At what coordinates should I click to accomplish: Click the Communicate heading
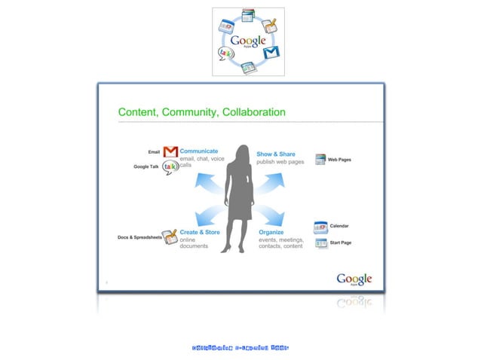[199, 151]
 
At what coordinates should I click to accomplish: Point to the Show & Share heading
[276, 154]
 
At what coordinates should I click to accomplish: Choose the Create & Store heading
[200, 233]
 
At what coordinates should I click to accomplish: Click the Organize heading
[271, 233]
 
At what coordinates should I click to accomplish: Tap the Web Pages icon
[320, 160]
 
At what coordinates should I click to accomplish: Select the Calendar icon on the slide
[321, 227]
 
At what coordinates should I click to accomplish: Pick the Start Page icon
[321, 243]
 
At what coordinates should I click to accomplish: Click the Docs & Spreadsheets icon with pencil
[170, 236]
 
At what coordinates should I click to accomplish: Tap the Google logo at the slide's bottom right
[354, 279]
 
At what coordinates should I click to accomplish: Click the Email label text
[153, 151]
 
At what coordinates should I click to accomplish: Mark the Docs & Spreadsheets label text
[139, 237]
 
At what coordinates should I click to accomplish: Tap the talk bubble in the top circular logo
[225, 53]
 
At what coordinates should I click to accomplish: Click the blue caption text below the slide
[240, 348]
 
